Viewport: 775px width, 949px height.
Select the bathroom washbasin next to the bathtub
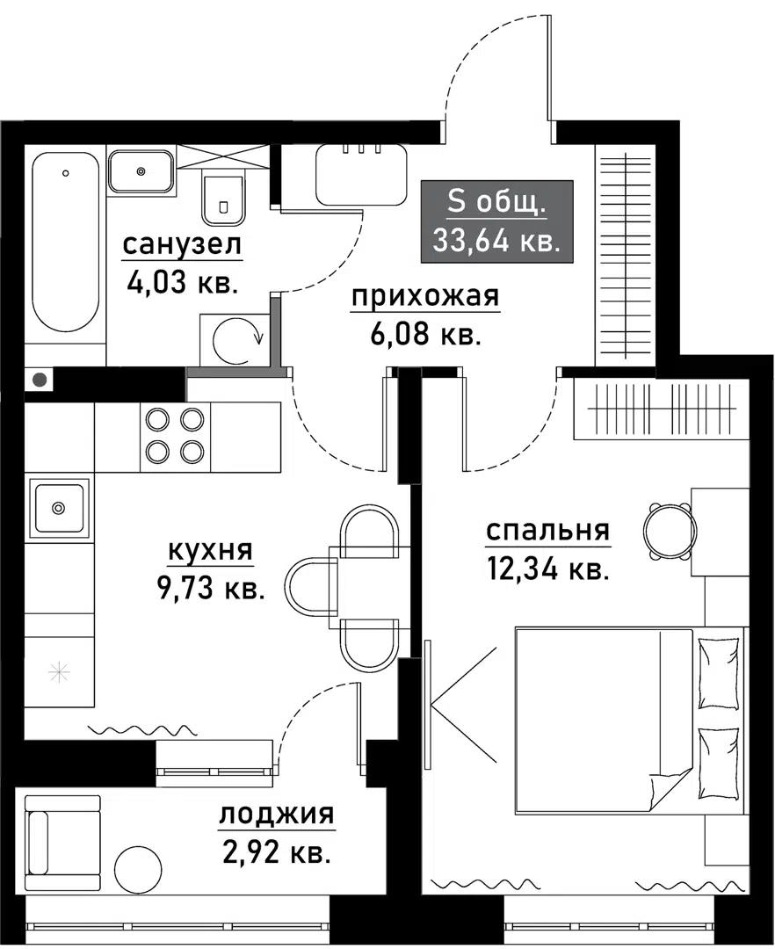[x=141, y=170]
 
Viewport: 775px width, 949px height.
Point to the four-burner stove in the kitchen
[x=174, y=436]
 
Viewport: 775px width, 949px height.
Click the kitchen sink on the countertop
[x=59, y=507]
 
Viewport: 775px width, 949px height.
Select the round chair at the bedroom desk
[x=669, y=530]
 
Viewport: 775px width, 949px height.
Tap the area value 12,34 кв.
[x=547, y=570]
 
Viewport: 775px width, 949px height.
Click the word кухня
[x=210, y=551]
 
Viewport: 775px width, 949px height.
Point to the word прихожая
[x=425, y=299]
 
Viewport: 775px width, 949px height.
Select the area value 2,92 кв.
[x=275, y=852]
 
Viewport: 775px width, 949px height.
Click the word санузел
[x=181, y=246]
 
